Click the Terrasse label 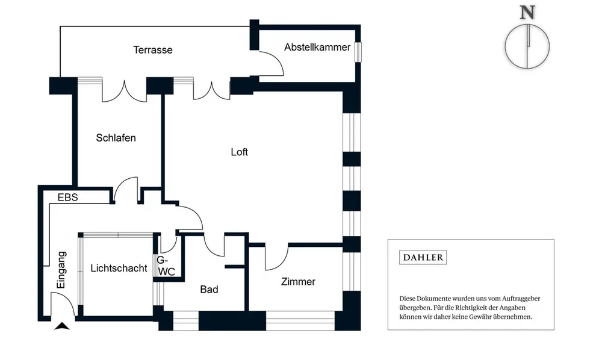click(153, 50)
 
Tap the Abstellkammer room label click(317, 47)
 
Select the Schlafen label click(116, 138)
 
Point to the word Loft click(239, 152)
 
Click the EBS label click(67, 197)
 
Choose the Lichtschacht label click(119, 268)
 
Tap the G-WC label click(166, 266)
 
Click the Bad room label click(209, 290)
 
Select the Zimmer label click(299, 282)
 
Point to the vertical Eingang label click(61, 270)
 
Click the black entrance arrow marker click(62, 326)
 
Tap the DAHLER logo click(423, 257)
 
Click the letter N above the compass click(527, 13)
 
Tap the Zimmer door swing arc click(282, 262)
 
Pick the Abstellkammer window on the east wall click(358, 52)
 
